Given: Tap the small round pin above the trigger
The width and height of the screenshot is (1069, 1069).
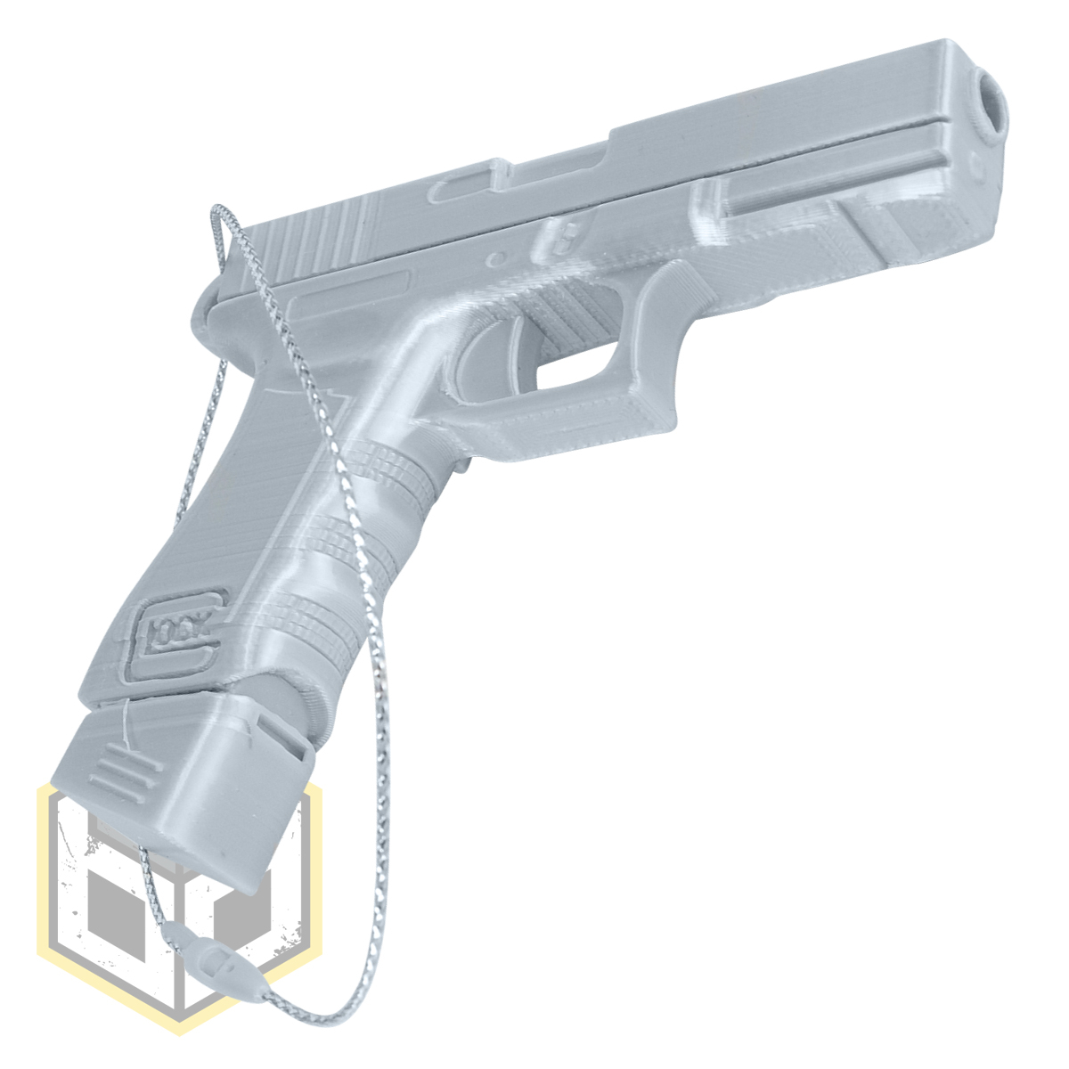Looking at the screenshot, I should (x=495, y=258).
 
